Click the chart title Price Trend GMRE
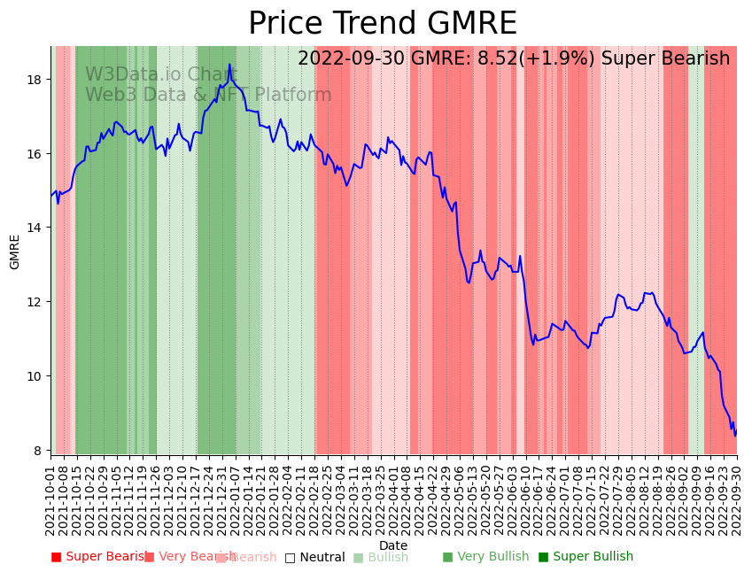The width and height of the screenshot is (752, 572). coord(382,24)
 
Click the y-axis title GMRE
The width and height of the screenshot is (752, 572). coord(15,251)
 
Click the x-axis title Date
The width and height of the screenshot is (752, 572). coord(393,545)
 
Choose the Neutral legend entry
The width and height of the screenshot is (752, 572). coord(315,558)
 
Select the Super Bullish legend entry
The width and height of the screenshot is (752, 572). coord(586,557)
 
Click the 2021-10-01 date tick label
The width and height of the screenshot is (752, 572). coord(50,501)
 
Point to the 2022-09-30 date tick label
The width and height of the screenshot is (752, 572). coord(736,501)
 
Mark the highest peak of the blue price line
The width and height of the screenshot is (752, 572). coord(229,64)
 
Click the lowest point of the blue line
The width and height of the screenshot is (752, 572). coord(734,436)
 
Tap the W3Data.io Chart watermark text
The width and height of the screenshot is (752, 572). coord(149,75)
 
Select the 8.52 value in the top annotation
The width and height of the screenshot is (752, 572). coord(497,59)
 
